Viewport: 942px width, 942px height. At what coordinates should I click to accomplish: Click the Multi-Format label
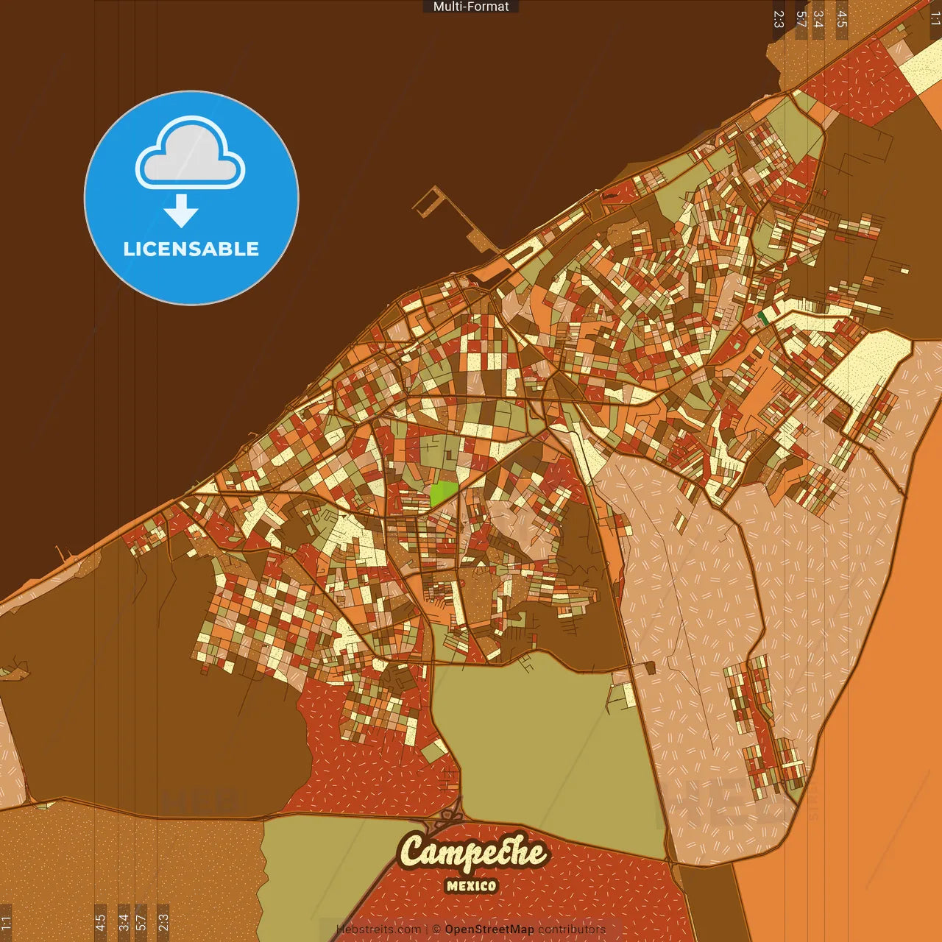click(471, 7)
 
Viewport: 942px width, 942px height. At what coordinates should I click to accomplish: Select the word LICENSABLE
click(191, 249)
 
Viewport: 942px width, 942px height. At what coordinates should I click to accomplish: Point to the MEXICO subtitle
click(471, 886)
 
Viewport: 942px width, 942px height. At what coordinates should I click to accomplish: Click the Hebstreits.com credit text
click(378, 929)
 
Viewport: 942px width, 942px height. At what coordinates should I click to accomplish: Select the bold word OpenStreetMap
click(489, 929)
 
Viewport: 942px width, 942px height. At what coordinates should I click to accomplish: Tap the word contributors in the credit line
click(572, 929)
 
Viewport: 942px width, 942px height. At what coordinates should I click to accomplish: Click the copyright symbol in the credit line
click(436, 929)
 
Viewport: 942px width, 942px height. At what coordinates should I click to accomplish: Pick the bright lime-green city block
click(443, 493)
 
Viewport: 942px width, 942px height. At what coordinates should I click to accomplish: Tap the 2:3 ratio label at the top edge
click(779, 18)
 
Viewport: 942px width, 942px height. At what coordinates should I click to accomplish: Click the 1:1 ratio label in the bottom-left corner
click(6, 921)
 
